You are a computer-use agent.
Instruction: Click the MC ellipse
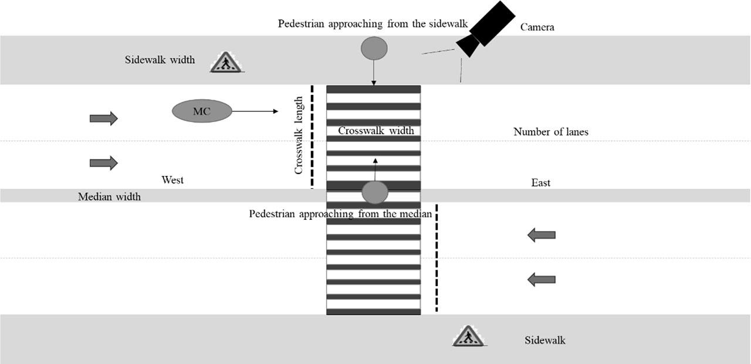(202, 111)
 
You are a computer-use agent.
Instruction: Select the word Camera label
(537, 27)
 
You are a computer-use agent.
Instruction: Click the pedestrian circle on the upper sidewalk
(374, 48)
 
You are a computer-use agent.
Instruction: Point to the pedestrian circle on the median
(375, 192)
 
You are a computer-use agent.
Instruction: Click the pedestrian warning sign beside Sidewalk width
(226, 63)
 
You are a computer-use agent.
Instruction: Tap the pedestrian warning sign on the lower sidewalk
(468, 336)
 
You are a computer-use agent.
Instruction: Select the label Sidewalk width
(160, 60)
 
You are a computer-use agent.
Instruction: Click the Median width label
(109, 197)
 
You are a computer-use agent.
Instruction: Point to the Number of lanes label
(550, 132)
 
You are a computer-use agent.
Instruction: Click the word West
(172, 180)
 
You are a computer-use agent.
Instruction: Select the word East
(540, 183)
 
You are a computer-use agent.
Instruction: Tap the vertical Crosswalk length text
(299, 135)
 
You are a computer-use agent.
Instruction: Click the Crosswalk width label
(375, 131)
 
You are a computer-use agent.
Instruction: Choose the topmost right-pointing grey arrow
(103, 119)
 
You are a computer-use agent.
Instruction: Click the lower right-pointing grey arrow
(103, 162)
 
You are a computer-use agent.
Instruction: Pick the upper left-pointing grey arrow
(541, 236)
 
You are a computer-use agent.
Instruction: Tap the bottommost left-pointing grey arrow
(541, 280)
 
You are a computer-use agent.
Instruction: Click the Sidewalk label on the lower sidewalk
(544, 340)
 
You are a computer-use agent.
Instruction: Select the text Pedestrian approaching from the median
(340, 214)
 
